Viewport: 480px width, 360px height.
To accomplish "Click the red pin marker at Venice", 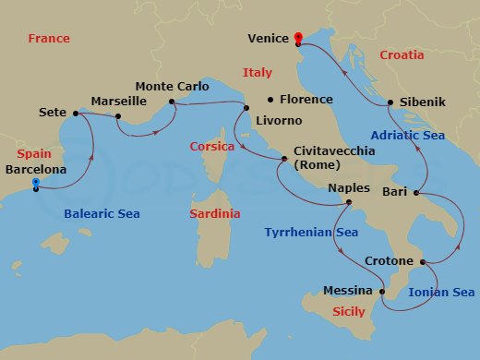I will (298, 38).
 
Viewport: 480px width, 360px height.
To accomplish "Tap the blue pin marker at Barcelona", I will (36, 184).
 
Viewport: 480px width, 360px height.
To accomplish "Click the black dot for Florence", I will (270, 100).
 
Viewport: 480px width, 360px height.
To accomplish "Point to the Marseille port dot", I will (118, 116).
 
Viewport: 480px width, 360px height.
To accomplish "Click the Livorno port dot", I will (246, 109).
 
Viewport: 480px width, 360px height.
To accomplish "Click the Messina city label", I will (347, 290).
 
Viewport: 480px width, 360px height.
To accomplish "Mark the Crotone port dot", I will (423, 262).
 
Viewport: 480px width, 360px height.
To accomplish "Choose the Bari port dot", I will (416, 194).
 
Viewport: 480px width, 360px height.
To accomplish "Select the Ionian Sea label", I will (440, 292).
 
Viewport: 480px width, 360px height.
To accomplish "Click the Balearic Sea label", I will (102, 214).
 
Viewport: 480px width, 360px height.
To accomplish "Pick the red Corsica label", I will (212, 146).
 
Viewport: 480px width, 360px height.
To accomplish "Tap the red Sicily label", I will (348, 312).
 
